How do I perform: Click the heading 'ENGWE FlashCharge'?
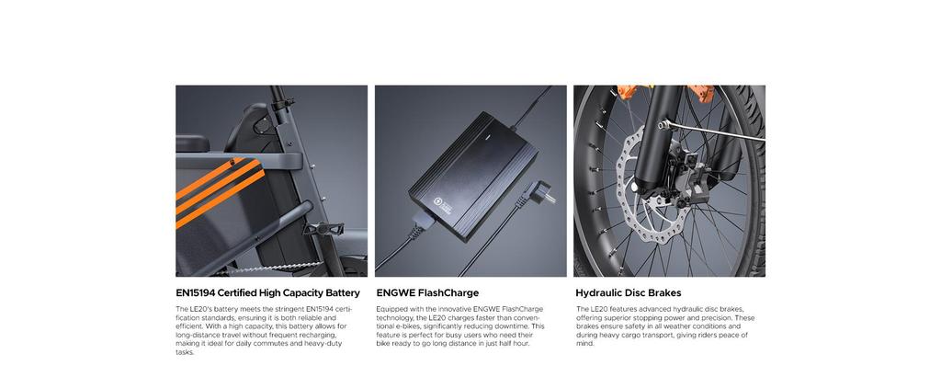coord(427,293)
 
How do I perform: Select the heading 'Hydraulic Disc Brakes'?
coord(628,293)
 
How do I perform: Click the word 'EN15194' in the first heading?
coord(199,293)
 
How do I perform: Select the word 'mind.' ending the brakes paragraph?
coord(584,343)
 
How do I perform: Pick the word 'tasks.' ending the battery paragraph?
coord(185,351)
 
